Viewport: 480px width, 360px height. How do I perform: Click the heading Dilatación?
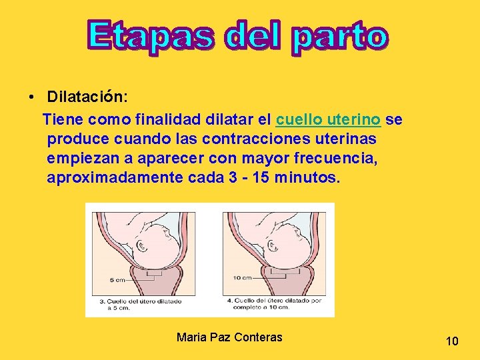[86, 97]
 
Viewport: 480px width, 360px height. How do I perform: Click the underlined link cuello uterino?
[328, 120]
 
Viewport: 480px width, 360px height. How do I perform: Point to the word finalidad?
[169, 120]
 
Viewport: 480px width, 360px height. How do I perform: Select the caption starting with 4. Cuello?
[274, 305]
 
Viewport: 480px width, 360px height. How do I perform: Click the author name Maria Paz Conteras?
[229, 337]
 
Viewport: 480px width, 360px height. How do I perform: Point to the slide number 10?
[452, 342]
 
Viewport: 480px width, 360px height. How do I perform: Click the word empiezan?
[80, 159]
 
